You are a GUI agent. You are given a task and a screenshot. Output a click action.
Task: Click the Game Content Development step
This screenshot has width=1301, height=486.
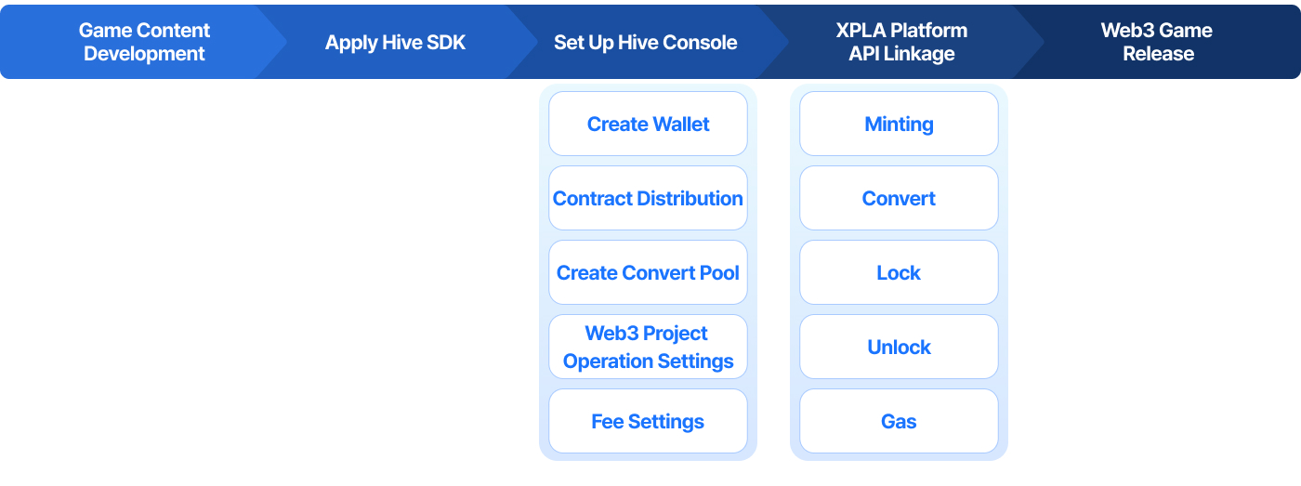click(144, 42)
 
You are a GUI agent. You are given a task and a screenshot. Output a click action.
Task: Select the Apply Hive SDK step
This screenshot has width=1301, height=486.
click(395, 42)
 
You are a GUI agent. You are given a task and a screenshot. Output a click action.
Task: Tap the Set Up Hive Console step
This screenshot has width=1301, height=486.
click(645, 42)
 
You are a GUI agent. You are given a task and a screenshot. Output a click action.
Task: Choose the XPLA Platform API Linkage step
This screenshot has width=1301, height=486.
click(901, 42)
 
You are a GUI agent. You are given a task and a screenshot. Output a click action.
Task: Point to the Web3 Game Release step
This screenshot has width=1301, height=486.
click(1157, 42)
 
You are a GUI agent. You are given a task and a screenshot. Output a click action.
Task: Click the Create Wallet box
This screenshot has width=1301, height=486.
click(649, 124)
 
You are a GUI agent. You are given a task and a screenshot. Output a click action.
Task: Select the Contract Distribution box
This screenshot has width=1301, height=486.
click(649, 198)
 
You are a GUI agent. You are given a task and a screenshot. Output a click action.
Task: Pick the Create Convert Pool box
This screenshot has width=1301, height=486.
click(649, 272)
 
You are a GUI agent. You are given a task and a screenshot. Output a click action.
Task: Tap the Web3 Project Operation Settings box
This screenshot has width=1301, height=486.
click(649, 347)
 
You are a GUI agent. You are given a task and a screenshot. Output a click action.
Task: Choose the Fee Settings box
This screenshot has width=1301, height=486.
click(649, 421)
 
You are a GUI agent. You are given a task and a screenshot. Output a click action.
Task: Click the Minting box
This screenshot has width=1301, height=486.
click(900, 124)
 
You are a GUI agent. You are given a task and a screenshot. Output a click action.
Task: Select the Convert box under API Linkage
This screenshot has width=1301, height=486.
click(900, 198)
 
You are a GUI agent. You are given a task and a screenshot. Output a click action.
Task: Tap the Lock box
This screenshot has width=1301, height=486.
click(900, 272)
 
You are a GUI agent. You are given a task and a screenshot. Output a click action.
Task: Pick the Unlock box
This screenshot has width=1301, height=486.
click(900, 347)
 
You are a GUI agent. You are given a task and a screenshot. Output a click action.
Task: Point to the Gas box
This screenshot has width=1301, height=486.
click(900, 421)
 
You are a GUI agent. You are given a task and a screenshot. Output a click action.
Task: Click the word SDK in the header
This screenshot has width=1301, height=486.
click(446, 43)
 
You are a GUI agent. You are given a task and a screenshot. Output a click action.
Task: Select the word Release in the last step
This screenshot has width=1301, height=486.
click(1159, 53)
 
